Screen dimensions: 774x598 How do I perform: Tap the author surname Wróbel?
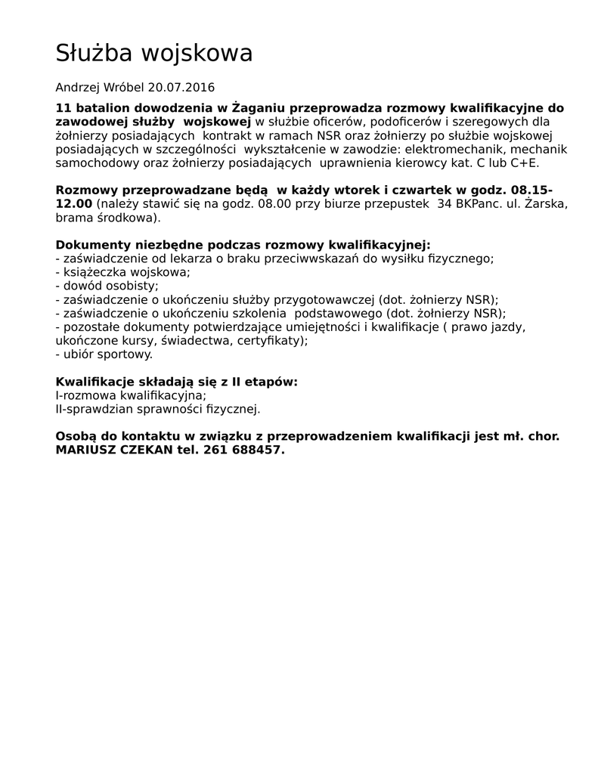click(124, 88)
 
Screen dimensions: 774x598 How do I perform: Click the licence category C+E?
click(522, 163)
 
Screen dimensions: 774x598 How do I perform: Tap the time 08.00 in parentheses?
click(275, 204)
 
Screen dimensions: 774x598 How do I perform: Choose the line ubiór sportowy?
click(107, 354)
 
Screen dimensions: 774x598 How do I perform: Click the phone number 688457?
click(258, 450)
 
